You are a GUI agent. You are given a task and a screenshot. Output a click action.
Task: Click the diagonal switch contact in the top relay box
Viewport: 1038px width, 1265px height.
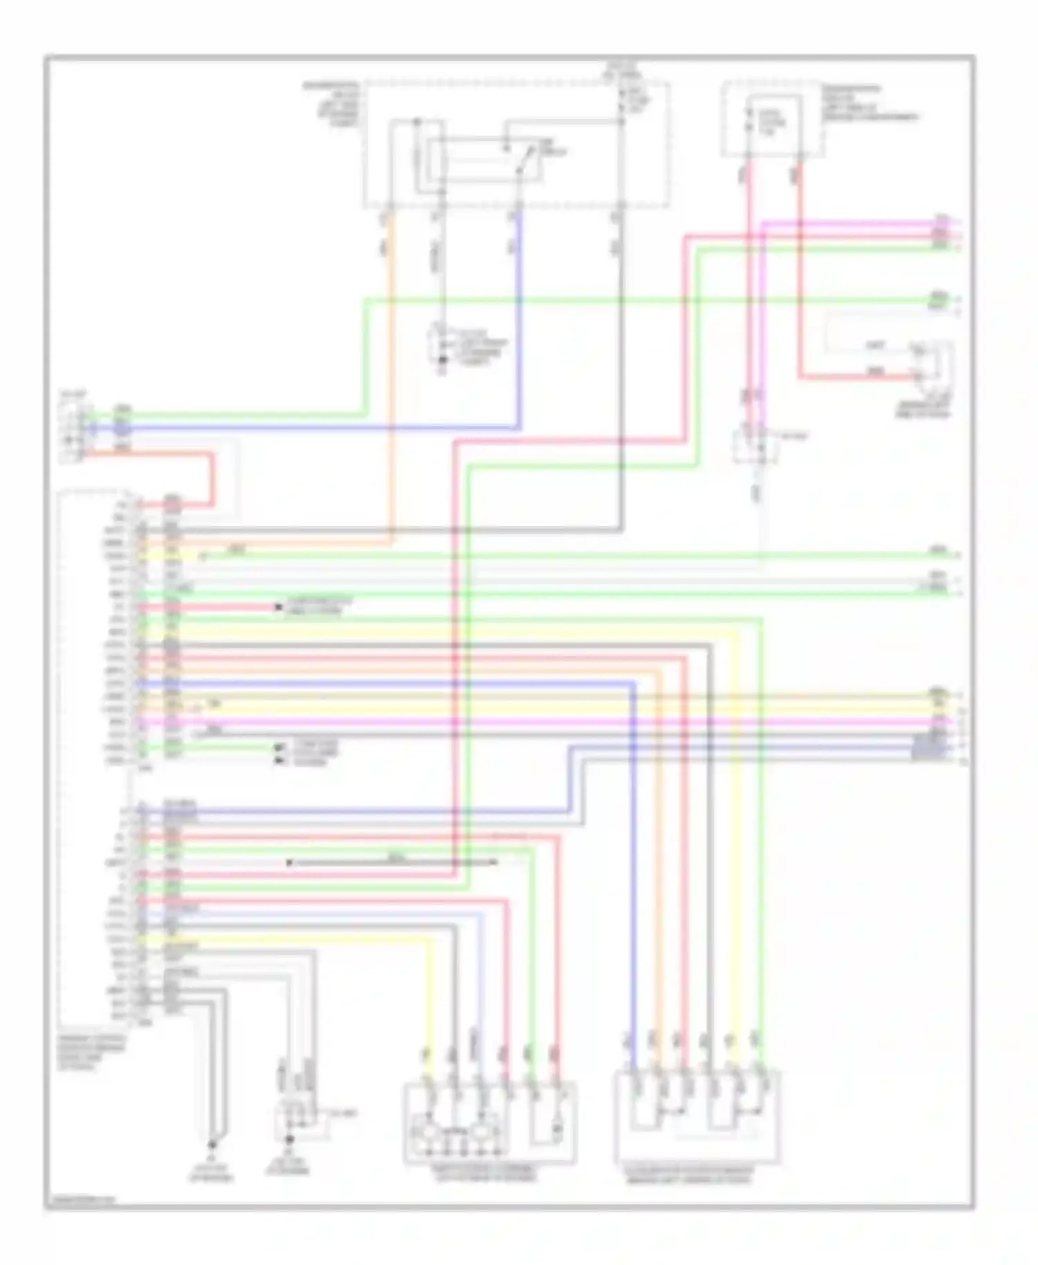(525, 164)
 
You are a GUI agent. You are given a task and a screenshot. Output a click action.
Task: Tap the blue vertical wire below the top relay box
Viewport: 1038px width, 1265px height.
(520, 311)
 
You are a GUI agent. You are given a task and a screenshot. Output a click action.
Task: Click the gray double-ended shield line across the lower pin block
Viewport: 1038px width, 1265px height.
(392, 862)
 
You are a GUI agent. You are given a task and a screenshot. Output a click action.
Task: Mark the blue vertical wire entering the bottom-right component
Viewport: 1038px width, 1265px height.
(632, 900)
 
